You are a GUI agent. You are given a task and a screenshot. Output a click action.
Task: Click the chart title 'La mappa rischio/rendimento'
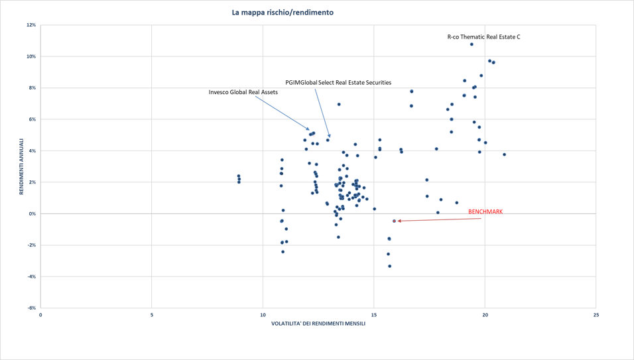(283, 13)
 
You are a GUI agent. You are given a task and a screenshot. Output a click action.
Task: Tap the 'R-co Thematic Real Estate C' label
(483, 37)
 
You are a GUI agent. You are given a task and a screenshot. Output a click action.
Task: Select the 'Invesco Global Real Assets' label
(243, 92)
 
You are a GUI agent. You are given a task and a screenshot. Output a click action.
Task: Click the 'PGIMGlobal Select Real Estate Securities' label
(338, 83)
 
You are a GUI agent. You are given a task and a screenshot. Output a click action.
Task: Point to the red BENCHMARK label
(485, 212)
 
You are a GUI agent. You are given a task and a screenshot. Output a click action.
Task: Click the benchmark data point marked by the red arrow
(395, 221)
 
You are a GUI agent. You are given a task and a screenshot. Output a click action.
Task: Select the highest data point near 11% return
(472, 44)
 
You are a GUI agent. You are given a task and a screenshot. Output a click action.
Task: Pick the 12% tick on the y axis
(31, 25)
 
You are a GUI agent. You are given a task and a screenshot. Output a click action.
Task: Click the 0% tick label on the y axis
(32, 213)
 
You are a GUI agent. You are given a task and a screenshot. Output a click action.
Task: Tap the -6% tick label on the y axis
(31, 308)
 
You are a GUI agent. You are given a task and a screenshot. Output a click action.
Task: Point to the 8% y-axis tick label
(32, 88)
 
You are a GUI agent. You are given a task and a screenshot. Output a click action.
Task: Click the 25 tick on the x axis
(596, 315)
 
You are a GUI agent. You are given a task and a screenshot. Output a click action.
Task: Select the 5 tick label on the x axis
(152, 315)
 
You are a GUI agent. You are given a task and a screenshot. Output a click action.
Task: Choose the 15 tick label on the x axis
(374, 315)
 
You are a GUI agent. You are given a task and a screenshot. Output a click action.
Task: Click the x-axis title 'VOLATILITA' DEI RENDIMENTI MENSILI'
(318, 324)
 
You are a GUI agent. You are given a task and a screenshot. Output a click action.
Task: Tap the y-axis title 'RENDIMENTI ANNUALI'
(21, 166)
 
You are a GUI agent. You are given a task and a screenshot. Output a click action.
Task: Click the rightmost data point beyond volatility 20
(504, 154)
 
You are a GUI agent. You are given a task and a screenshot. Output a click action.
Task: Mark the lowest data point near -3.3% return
(390, 266)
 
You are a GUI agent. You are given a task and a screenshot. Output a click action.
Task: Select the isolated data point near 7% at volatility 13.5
(339, 105)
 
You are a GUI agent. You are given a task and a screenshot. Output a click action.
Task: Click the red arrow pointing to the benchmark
(438, 219)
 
